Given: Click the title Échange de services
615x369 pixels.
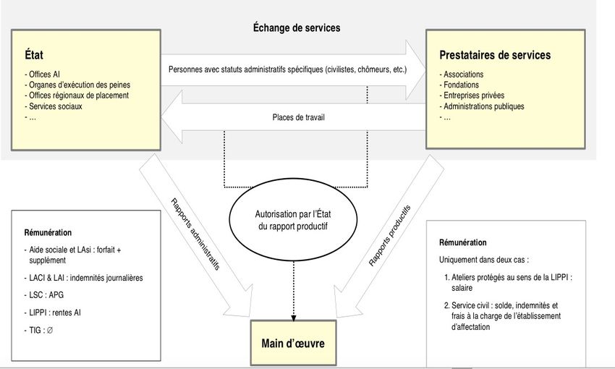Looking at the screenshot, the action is tap(297, 27).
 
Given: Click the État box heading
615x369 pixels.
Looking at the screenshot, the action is tap(34, 54).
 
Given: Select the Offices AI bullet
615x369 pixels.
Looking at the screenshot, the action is tap(43, 74).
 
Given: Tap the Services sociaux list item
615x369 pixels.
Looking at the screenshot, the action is tap(54, 106).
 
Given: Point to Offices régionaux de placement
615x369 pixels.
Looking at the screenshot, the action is tap(77, 96).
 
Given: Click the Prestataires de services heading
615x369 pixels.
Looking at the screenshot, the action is tap(495, 55).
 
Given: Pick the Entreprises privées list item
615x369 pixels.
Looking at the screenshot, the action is tap(472, 96).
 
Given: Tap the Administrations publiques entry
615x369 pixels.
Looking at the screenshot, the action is tap(482, 106).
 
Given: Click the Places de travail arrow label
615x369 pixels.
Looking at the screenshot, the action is tap(299, 117).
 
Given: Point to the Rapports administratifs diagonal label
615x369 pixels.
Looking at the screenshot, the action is tap(195, 234).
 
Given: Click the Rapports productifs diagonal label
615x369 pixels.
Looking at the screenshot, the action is tap(390, 235).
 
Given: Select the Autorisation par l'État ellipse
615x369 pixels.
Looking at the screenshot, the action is tap(293, 220).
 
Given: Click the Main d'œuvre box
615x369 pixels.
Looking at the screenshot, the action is tap(293, 343).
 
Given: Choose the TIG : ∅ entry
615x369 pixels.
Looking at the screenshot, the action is tap(38, 330).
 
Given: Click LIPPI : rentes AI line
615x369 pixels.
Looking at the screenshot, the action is tap(53, 313).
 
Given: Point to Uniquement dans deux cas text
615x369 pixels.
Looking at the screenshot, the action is tap(484, 260).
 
